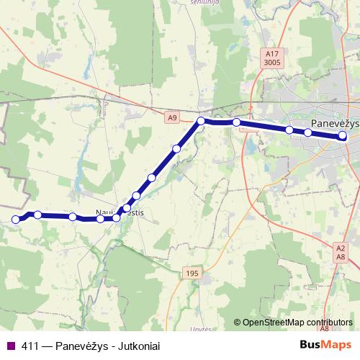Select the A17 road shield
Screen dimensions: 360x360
click(x=271, y=53)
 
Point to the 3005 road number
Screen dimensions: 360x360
click(x=271, y=63)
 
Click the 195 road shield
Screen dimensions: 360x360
click(x=192, y=273)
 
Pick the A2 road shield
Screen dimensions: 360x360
click(x=341, y=248)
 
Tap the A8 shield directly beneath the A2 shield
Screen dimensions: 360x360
click(x=341, y=256)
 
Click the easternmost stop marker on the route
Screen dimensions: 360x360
click(x=343, y=135)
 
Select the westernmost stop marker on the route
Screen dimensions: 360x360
click(x=15, y=220)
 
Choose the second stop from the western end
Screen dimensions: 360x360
click(x=37, y=215)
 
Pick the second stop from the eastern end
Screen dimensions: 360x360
click(x=308, y=132)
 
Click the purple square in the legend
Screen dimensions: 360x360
click(x=10, y=346)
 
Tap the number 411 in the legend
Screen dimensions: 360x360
click(x=30, y=346)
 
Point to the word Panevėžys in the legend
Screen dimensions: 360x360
click(x=81, y=346)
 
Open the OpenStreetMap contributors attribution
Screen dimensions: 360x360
click(x=297, y=323)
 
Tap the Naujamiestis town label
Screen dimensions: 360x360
click(x=120, y=212)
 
